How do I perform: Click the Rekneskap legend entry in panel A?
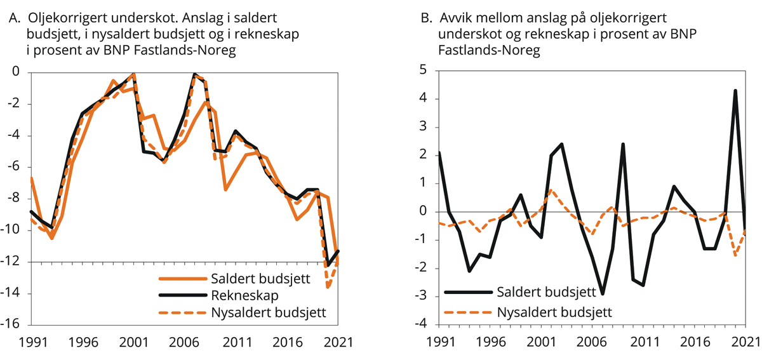coord(232,295)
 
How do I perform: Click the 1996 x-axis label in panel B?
coord(485,342)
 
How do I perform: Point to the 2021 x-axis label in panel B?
coord(744,342)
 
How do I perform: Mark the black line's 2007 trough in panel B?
coord(602,294)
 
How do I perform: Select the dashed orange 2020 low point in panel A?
coord(328,288)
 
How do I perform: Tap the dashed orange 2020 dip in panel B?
coord(735,255)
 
